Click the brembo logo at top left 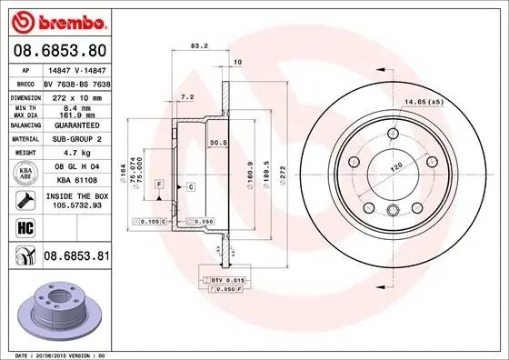[x=58, y=19]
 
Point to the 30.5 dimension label [x=216, y=142]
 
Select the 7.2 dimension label [x=187, y=95]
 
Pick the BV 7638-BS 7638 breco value [x=75, y=81]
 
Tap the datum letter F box [x=159, y=185]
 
